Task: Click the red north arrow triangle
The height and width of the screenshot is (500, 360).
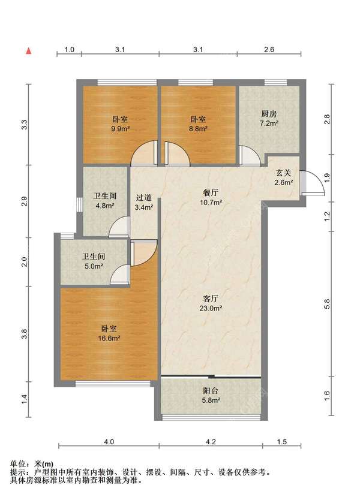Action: [29, 51]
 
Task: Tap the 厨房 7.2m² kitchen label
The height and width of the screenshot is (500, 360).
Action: [269, 118]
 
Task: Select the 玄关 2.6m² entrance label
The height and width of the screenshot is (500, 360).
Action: [284, 177]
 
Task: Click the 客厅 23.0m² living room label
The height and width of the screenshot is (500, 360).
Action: [211, 303]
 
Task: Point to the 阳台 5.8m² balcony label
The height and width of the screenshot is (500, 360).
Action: [211, 396]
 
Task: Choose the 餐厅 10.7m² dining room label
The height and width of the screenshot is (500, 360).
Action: [211, 197]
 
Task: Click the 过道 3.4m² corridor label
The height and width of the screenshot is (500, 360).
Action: [143, 203]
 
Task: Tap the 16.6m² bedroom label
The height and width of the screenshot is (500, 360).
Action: [109, 333]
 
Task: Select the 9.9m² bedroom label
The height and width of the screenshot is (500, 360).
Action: [120, 124]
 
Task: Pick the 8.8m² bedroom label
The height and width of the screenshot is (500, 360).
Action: [198, 124]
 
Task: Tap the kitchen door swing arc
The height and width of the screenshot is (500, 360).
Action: [251, 156]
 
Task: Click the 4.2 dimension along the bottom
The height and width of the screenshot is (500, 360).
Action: [211, 442]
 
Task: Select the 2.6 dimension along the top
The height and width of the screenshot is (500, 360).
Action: [269, 49]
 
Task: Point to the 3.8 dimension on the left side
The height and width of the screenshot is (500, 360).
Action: [25, 333]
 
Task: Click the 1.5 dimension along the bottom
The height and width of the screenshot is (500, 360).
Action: [282, 442]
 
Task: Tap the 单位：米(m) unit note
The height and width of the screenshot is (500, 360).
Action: [32, 464]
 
